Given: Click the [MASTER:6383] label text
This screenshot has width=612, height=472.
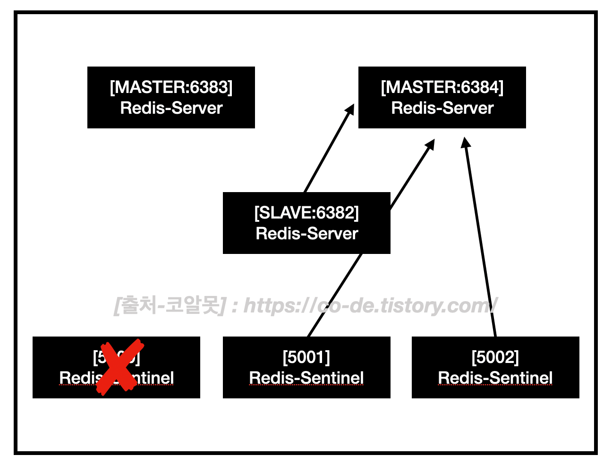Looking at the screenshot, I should pos(171,87).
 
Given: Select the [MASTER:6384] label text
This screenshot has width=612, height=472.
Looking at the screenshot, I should pos(442,87).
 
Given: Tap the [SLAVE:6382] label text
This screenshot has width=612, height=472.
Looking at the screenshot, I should pos(306,213).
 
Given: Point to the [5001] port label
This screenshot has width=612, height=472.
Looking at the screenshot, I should pos(306,357).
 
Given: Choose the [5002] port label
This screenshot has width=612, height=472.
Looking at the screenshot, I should pos(495,357).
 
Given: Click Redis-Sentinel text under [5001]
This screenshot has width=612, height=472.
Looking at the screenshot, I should pos(306,378).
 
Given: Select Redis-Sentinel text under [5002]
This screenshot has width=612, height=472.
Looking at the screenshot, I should pos(495,378).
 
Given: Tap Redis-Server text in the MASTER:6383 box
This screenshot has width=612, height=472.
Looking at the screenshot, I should pos(171,108).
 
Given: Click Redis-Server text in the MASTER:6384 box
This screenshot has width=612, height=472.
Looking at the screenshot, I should pos(442,108).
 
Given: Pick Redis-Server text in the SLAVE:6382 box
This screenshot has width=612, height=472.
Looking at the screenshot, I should pos(306,234).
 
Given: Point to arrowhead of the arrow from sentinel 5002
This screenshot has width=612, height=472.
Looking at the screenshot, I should pos(466,142).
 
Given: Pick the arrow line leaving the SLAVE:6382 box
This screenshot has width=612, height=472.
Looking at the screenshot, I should pos(328,151).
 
